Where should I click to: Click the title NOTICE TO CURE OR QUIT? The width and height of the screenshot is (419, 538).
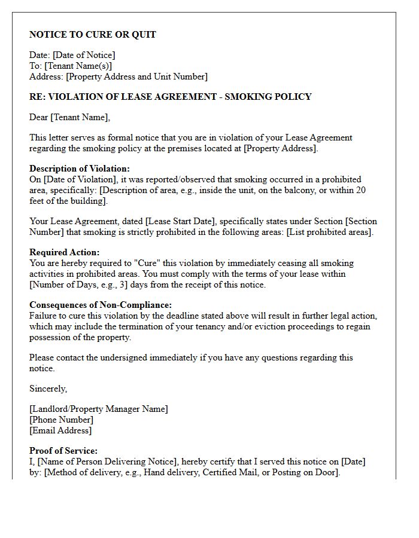click(x=93, y=35)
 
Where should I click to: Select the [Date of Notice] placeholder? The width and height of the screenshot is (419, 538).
click(x=84, y=55)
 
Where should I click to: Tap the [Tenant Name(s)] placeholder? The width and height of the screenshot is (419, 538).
click(x=78, y=66)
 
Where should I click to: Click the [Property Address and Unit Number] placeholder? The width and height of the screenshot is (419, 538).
click(x=136, y=77)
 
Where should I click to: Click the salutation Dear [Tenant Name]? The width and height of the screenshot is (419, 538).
click(x=70, y=117)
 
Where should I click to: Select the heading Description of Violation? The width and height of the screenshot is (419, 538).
click(x=80, y=169)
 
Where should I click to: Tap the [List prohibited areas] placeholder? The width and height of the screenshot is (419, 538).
click(x=330, y=232)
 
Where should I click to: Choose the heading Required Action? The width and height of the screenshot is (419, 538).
click(x=65, y=252)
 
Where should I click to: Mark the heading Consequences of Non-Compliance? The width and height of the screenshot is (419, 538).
click(x=101, y=305)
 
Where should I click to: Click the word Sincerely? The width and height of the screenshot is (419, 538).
click(x=48, y=389)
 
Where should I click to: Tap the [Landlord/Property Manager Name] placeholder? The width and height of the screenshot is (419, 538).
click(x=99, y=409)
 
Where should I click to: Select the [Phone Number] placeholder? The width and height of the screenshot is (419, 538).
click(x=61, y=420)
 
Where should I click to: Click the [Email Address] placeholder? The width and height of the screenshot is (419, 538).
click(x=60, y=430)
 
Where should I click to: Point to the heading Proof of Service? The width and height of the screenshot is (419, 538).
click(x=63, y=451)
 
